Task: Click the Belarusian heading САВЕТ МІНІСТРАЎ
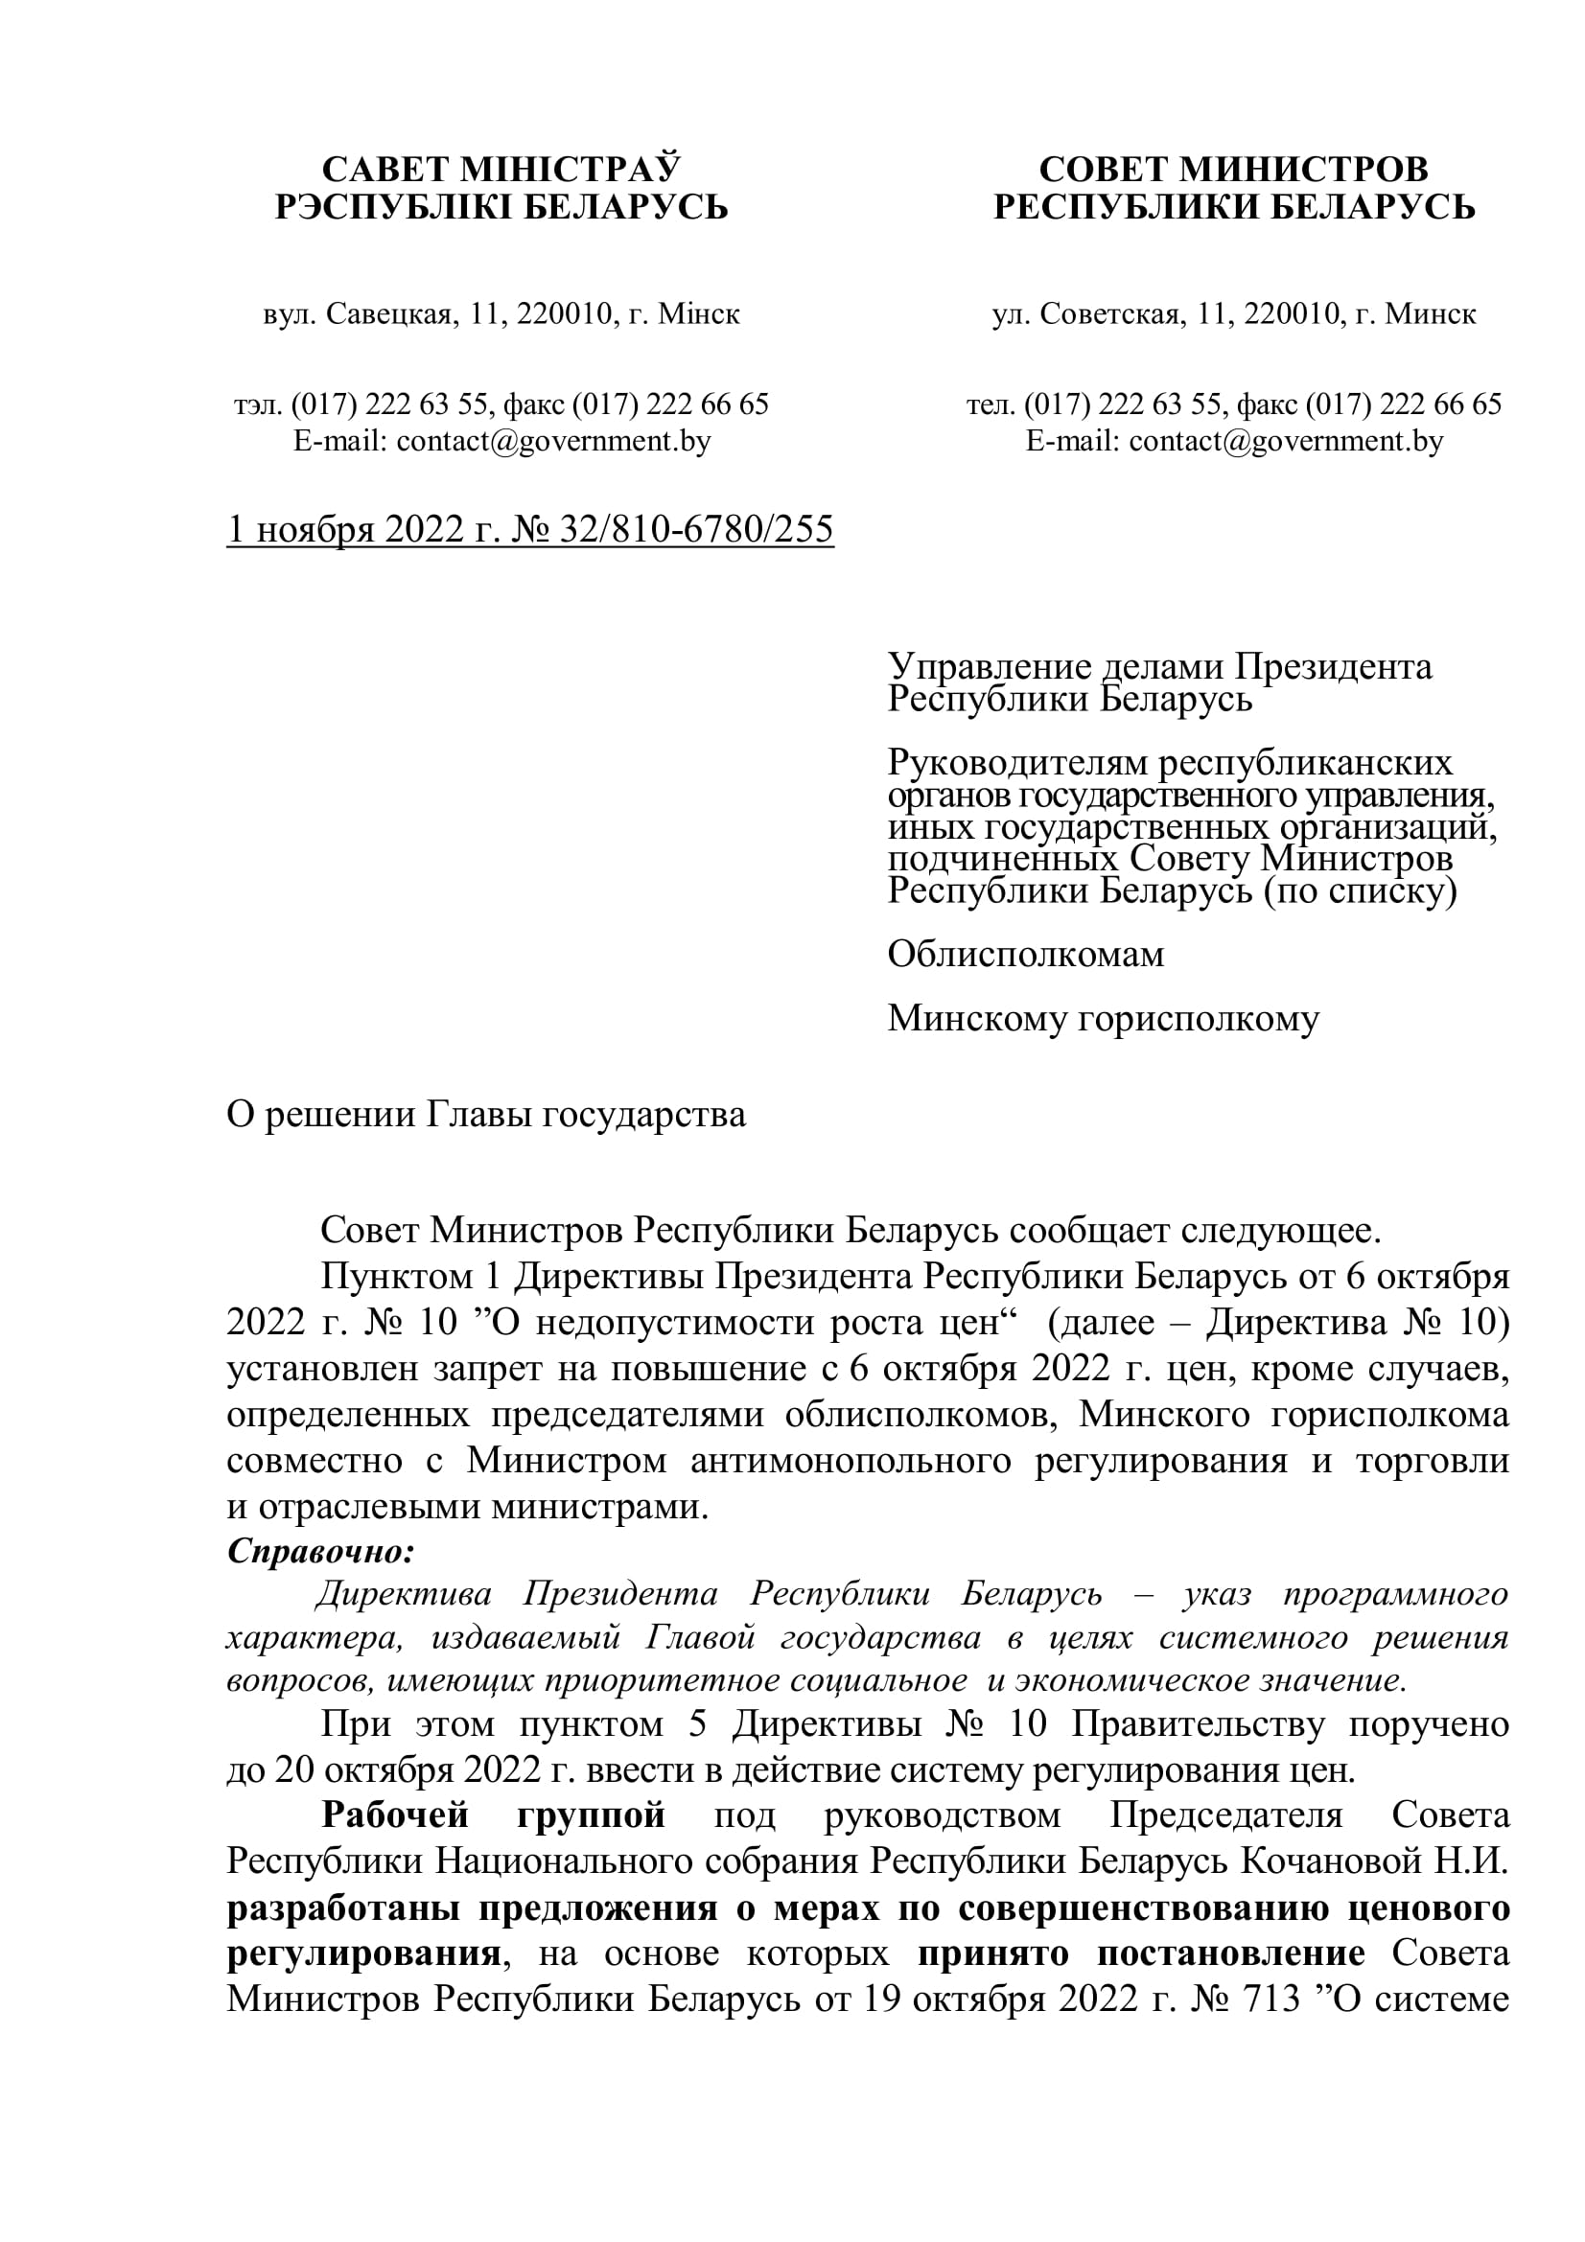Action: (x=500, y=169)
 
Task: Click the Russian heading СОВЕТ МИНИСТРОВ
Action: (x=1233, y=169)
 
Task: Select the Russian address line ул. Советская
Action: (x=1233, y=313)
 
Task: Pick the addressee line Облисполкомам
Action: (x=1025, y=954)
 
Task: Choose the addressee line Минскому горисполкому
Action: (x=1103, y=1018)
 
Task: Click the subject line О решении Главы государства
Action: (x=485, y=1114)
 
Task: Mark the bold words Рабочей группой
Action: (x=493, y=1815)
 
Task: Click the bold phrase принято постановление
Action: (x=1142, y=1953)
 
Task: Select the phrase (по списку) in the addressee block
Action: (x=1360, y=890)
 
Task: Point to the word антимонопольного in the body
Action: (x=850, y=1461)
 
